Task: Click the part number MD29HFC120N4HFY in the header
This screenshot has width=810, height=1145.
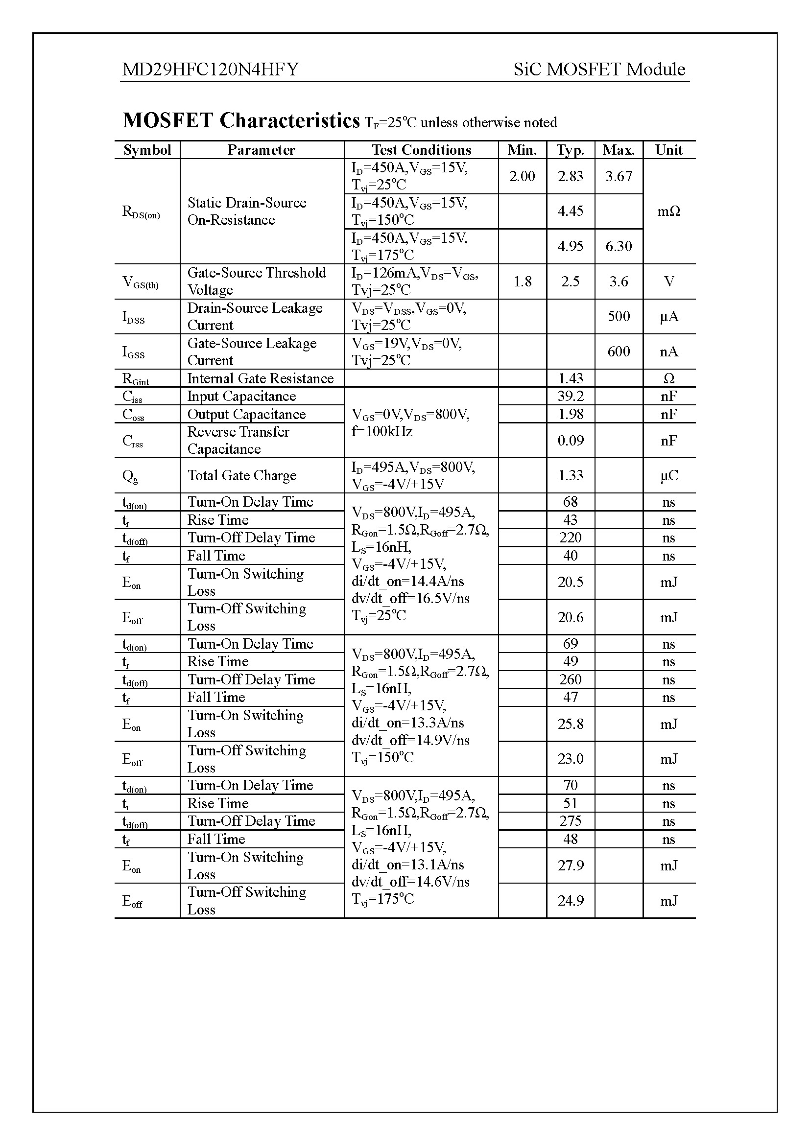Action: (x=210, y=70)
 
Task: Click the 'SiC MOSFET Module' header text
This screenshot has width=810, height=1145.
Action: (x=599, y=70)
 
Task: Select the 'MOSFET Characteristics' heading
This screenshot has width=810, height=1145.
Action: (x=241, y=121)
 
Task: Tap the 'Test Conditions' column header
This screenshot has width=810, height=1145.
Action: (x=421, y=150)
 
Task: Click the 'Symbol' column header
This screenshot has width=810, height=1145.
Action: (x=147, y=150)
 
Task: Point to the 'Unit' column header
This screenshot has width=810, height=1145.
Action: (x=668, y=150)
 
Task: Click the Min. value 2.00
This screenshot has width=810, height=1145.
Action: (x=522, y=176)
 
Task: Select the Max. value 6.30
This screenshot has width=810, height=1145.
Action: (x=619, y=246)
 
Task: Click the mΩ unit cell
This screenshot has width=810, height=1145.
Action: (x=668, y=211)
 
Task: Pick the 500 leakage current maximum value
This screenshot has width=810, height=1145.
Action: (x=619, y=316)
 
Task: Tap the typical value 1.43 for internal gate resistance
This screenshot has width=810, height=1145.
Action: (x=570, y=378)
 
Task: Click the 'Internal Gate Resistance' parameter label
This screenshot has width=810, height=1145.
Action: (x=261, y=378)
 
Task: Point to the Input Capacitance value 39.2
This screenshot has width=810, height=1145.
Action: (x=570, y=396)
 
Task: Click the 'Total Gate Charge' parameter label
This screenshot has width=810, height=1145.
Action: (x=242, y=475)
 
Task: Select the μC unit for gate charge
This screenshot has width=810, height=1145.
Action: (x=668, y=476)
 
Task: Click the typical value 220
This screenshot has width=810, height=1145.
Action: (x=570, y=537)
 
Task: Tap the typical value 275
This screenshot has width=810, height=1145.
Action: (x=570, y=821)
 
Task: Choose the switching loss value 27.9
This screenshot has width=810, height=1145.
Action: (x=570, y=865)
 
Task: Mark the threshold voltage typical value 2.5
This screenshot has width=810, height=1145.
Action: (x=570, y=282)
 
